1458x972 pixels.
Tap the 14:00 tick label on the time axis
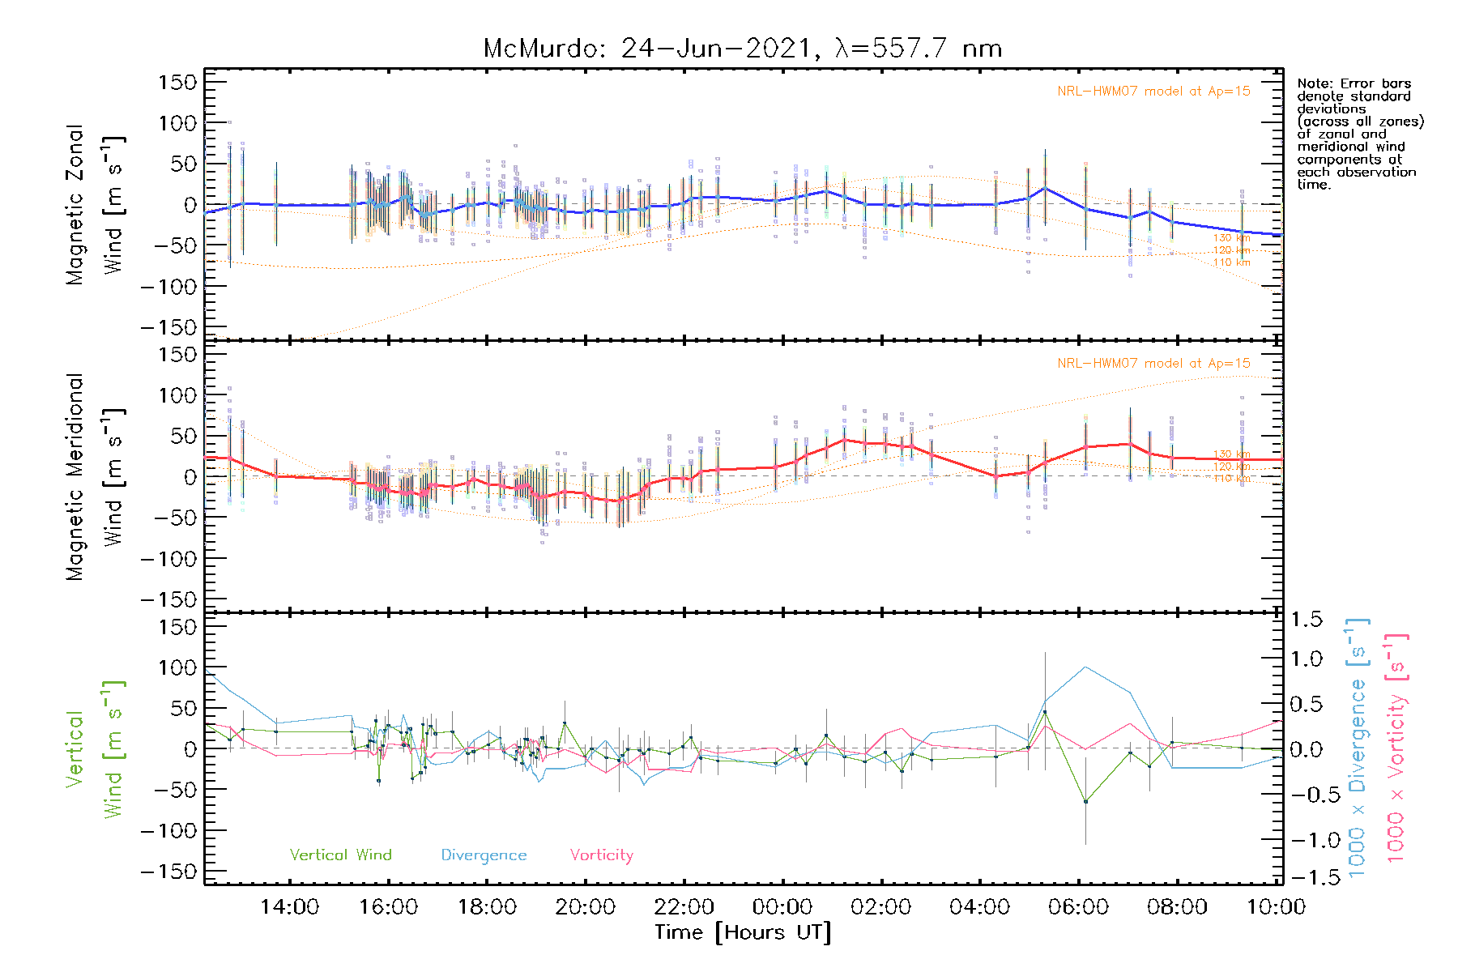tap(289, 906)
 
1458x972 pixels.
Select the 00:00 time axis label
tap(782, 906)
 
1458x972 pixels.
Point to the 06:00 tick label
tap(1078, 906)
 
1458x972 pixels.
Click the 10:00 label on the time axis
tap(1275, 906)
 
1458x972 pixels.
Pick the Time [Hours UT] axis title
tap(743, 932)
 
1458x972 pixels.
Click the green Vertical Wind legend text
tap(340, 855)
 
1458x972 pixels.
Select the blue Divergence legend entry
tap(484, 855)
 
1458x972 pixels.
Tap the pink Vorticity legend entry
tap(601, 855)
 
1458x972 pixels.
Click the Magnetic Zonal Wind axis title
tap(96, 204)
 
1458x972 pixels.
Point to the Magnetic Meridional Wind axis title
tap(96, 476)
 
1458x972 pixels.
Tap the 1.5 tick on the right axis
tap(1307, 620)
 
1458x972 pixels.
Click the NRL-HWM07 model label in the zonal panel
tap(1153, 92)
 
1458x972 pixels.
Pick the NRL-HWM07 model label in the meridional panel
tap(1153, 364)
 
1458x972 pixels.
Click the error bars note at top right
tap(1360, 134)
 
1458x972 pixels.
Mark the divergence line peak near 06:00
tap(1085, 667)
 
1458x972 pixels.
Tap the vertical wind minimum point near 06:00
tap(1085, 802)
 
